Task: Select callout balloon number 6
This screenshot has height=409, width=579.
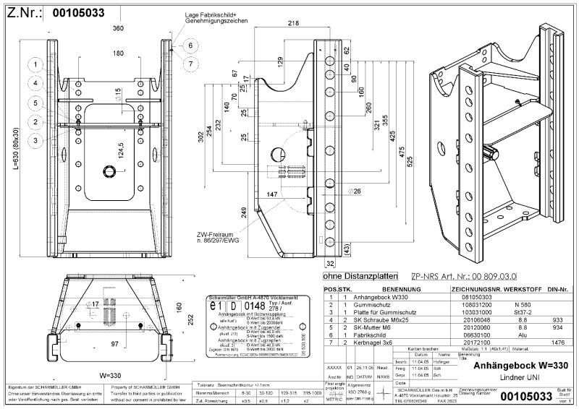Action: coord(191,46)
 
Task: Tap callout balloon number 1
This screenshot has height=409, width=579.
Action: coord(34,64)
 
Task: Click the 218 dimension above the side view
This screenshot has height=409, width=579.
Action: coord(292,24)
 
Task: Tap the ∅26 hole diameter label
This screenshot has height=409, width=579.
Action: coord(355,192)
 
